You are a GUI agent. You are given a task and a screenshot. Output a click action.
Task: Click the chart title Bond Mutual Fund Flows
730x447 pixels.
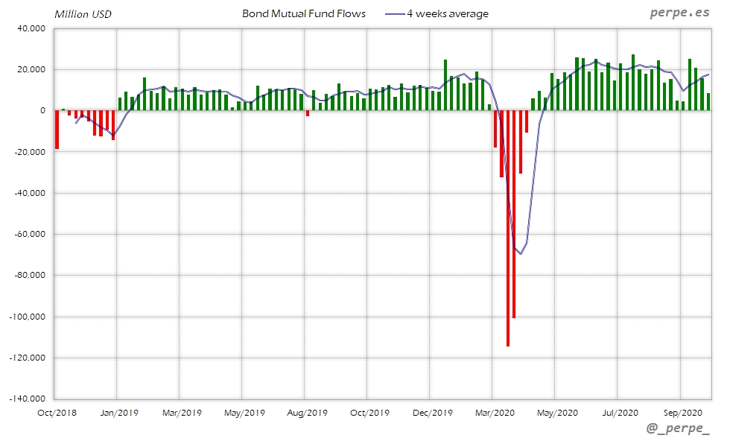(304, 13)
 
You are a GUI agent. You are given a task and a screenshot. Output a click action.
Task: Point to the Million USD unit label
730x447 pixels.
(82, 14)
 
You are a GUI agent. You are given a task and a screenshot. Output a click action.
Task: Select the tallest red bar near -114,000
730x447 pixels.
(508, 228)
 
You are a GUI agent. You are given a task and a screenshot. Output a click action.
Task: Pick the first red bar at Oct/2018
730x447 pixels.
(57, 130)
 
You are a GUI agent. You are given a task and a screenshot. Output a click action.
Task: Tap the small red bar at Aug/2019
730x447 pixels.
(307, 113)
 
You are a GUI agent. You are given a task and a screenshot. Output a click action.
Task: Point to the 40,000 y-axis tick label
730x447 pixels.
(31, 28)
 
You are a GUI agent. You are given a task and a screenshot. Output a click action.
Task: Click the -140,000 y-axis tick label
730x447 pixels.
(27, 399)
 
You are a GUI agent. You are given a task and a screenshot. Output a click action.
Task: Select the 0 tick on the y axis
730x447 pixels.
(42, 110)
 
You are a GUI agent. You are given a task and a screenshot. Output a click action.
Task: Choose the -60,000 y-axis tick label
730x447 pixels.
(28, 234)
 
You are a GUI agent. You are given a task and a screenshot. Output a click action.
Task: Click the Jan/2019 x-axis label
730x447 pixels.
(118, 412)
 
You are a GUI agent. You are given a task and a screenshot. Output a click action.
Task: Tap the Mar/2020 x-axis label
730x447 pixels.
(495, 412)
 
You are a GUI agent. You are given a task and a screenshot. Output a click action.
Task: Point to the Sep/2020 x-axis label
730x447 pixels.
(682, 412)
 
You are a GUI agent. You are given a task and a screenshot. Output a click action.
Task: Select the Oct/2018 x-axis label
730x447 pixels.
(57, 412)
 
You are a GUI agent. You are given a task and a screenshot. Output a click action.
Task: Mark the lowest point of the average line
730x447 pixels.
(521, 254)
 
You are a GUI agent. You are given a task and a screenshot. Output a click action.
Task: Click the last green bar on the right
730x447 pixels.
(708, 102)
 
